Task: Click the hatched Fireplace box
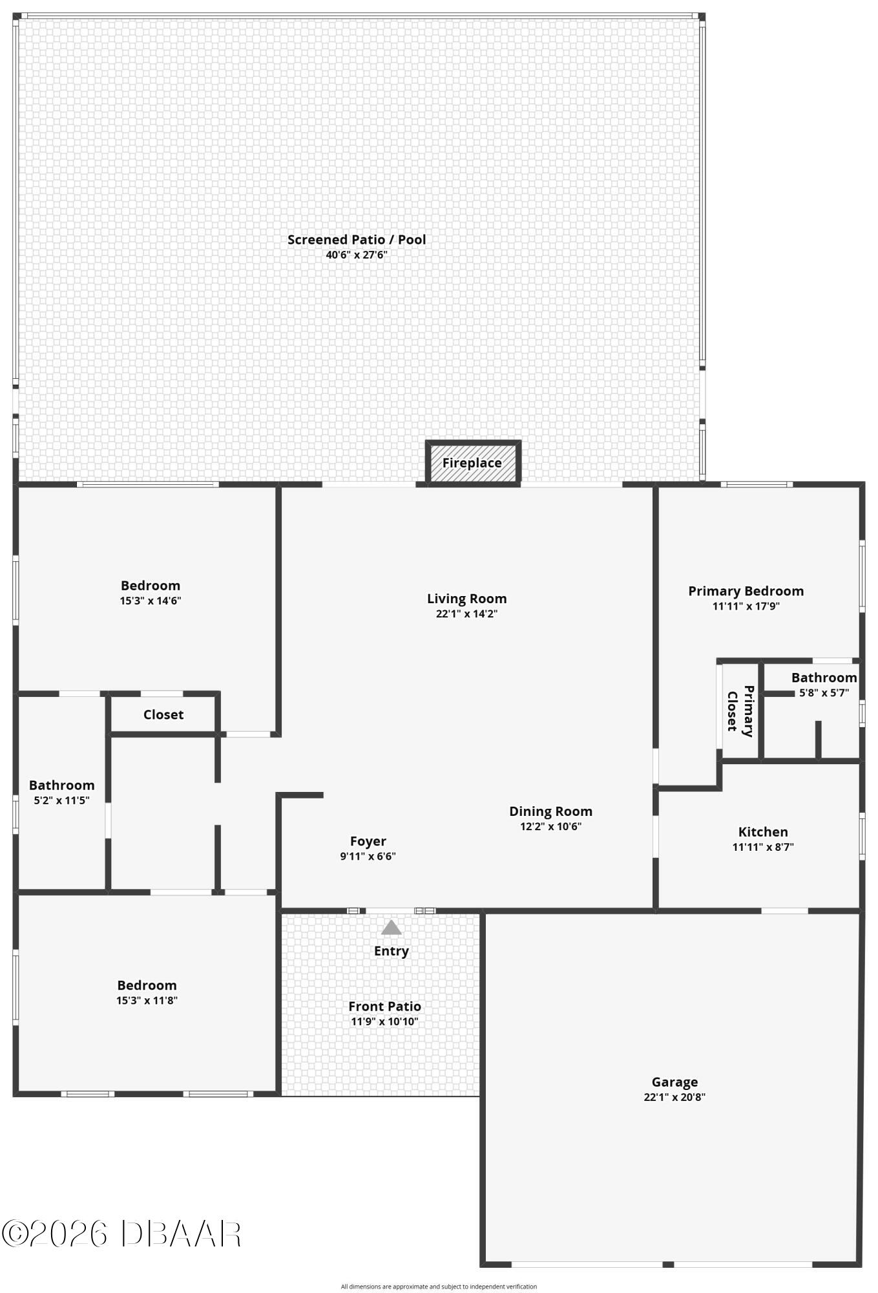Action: point(473,462)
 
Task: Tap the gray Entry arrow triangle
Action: point(392,928)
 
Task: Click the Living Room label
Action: point(466,599)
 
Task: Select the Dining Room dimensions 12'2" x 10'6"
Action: point(551,826)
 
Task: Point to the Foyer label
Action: point(368,841)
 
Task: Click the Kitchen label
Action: point(763,832)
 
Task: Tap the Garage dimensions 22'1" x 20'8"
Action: point(674,1097)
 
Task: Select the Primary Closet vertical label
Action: point(740,711)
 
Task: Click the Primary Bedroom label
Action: point(746,591)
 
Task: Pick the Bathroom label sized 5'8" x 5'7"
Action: point(824,678)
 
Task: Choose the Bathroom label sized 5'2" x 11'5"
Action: point(61,785)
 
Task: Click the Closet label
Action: point(163,714)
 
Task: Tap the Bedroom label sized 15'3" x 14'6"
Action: point(151,586)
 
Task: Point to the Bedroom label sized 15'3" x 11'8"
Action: point(147,985)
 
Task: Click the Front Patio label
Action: point(384,1007)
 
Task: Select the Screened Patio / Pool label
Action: point(357,240)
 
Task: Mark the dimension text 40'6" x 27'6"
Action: point(357,255)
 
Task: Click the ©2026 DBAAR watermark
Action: point(121,1234)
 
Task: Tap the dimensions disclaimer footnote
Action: point(439,1287)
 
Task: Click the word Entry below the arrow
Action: point(392,951)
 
